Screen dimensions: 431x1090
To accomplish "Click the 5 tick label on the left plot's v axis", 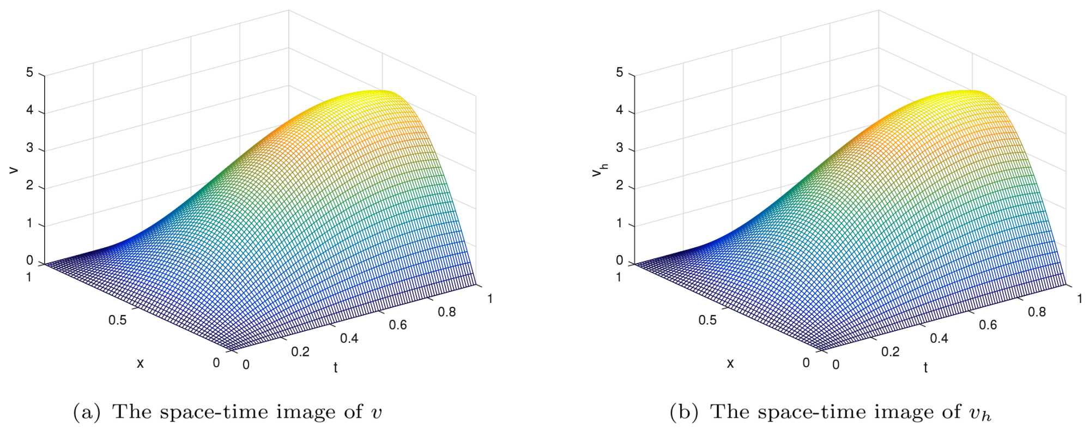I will tap(29, 72).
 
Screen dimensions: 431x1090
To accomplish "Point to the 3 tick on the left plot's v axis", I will tap(29, 149).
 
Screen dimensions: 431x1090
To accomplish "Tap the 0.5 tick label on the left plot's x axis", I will tap(117, 320).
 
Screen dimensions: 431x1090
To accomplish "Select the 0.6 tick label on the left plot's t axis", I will tap(398, 325).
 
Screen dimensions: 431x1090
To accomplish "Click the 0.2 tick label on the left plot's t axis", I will tap(300, 352).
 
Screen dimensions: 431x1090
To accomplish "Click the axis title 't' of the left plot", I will tap(336, 368).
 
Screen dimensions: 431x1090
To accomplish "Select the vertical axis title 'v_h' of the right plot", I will tap(599, 171).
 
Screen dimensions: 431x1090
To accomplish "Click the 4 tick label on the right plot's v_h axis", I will tap(619, 111).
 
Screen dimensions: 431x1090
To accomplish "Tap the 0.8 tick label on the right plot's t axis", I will tap(1037, 312).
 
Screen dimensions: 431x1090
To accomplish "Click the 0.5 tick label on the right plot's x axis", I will tap(707, 320).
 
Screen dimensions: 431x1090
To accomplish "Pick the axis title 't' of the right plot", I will tap(925, 368).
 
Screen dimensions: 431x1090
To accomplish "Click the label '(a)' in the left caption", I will tap(87, 412).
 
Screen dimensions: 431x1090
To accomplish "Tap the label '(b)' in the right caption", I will tap(683, 412).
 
